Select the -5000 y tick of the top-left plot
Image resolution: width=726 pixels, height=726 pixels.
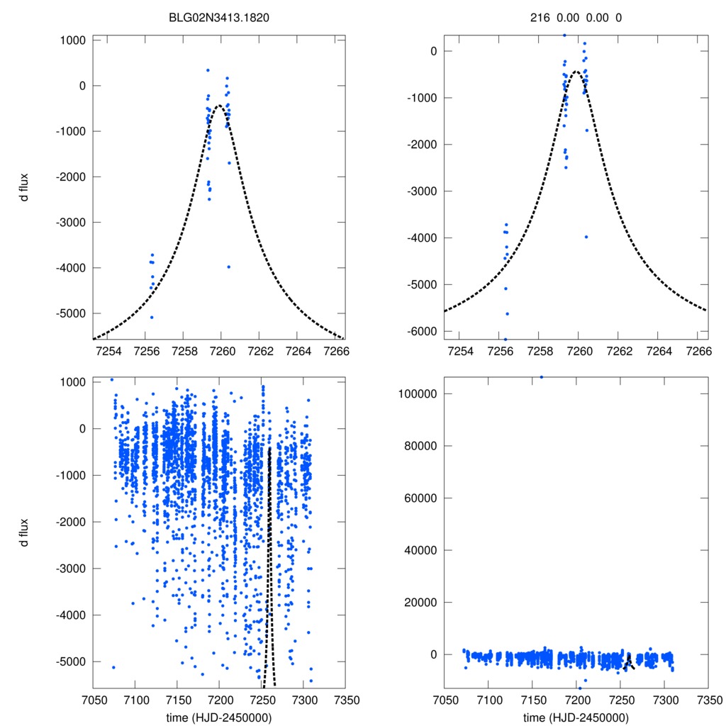(69, 313)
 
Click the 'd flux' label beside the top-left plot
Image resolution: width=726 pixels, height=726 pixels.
(25, 188)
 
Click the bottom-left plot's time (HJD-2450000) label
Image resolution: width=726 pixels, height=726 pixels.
(219, 717)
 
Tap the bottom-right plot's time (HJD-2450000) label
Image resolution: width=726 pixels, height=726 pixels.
(576, 717)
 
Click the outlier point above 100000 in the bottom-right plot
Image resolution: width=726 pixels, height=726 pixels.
(542, 377)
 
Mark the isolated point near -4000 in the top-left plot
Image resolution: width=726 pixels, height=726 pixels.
(228, 267)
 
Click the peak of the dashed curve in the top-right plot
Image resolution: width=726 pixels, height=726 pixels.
(576, 72)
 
